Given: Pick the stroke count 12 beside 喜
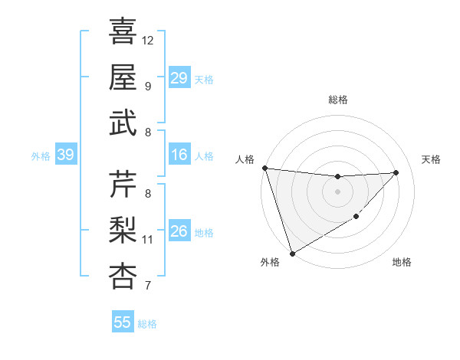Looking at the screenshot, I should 148,40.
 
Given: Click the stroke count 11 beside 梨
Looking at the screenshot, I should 148,240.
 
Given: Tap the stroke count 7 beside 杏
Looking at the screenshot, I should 147,286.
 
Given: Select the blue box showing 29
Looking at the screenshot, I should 179,78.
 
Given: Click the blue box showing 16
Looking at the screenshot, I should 179,155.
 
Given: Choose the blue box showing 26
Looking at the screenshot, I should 179,231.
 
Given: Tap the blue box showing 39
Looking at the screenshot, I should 66,155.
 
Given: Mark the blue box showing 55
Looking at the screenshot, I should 123,322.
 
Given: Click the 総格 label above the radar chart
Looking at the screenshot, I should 337,100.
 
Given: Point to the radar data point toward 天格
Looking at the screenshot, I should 396,172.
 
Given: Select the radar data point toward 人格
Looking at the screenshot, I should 264,168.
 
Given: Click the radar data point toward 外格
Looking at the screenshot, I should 292,253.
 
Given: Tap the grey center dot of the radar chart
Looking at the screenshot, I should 337,191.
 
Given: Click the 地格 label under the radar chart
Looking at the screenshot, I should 402,262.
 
